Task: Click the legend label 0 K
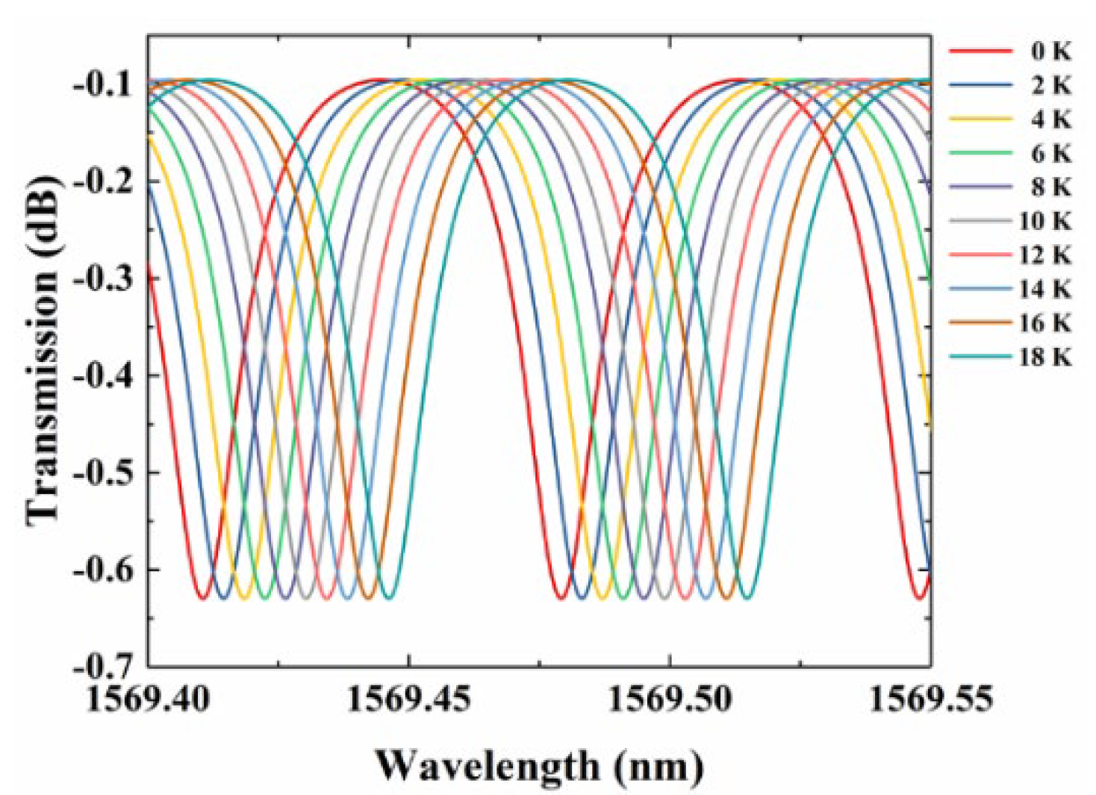click(1051, 52)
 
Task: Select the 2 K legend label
click(1051, 86)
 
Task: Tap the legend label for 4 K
click(1051, 119)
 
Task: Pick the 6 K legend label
click(1051, 154)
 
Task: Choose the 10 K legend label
click(1045, 221)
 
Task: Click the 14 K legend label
click(1045, 289)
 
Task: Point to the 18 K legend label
click(1045, 357)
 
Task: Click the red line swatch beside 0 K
click(980, 52)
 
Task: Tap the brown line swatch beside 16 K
click(980, 323)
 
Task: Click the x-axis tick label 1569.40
click(149, 700)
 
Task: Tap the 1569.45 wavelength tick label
click(409, 700)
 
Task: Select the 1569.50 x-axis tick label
click(670, 700)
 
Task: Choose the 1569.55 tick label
click(930, 700)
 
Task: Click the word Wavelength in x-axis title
click(487, 766)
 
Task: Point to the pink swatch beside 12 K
click(980, 255)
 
